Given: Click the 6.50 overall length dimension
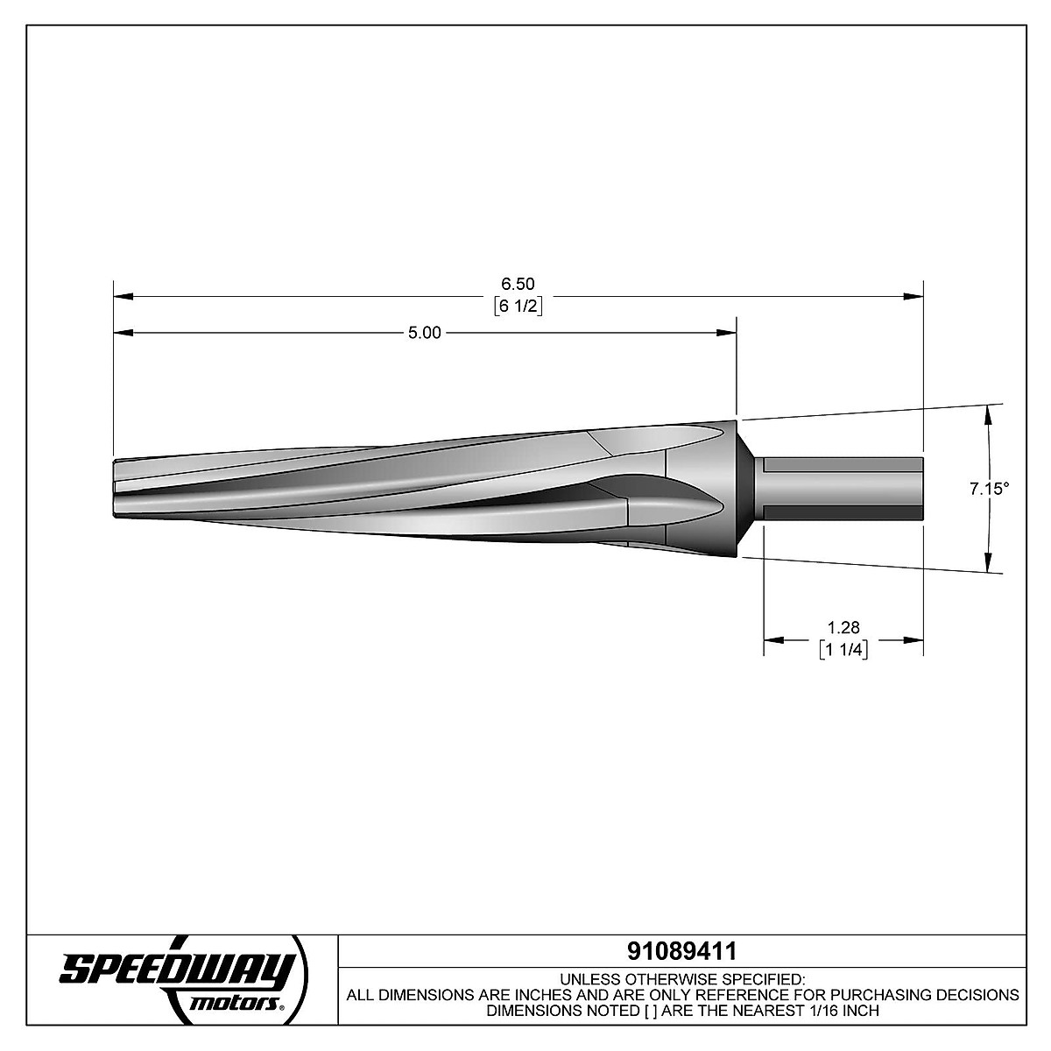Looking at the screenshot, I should pyautogui.click(x=517, y=284).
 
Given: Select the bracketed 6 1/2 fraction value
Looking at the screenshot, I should pyautogui.click(x=517, y=306).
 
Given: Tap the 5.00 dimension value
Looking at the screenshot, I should pyautogui.click(x=425, y=333).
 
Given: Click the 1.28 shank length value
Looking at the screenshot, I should pyautogui.click(x=843, y=627).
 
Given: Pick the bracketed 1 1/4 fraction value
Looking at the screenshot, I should pyautogui.click(x=843, y=649).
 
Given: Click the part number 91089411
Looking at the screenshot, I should pyautogui.click(x=681, y=950).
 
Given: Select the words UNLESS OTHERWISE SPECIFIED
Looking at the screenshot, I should pyautogui.click(x=681, y=978).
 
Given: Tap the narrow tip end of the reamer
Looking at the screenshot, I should pyautogui.click(x=118, y=490).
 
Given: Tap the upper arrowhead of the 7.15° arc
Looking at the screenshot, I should pyautogui.click(x=989, y=413).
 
